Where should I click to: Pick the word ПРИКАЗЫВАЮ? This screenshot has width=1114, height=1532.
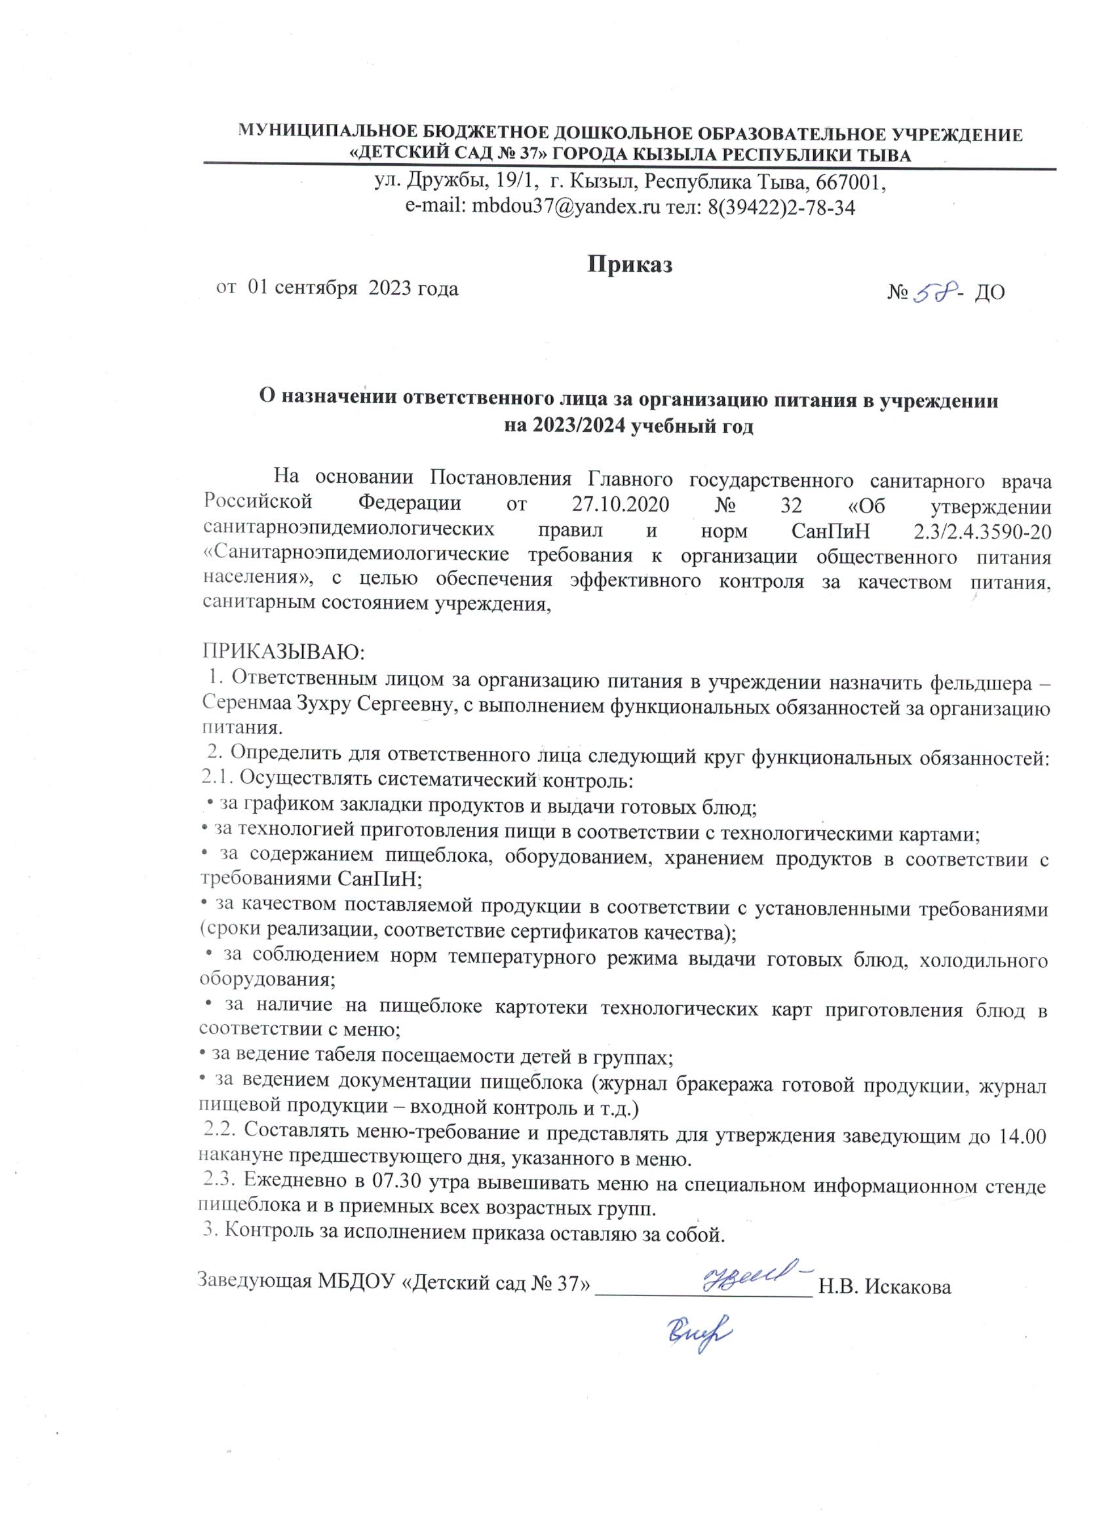pyautogui.click(x=283, y=653)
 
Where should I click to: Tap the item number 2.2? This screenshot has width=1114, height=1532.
pyautogui.click(x=220, y=1136)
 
